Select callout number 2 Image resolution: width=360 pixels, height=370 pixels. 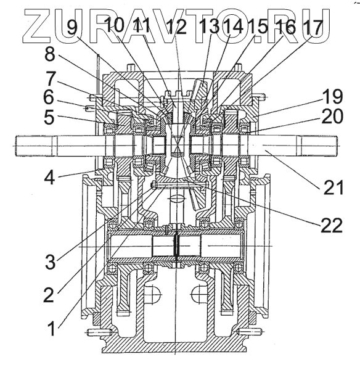pos(49,295)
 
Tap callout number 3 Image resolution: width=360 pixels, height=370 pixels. pos(51,261)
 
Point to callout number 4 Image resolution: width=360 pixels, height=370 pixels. pos(49,178)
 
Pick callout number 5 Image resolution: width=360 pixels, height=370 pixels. pos(49,117)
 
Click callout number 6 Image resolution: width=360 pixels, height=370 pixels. pos(49,97)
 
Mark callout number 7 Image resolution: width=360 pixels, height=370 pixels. pos(51,78)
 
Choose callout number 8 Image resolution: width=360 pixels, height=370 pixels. pos(50,54)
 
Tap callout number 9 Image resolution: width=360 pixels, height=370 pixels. pos(72,27)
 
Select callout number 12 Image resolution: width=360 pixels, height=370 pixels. pos(177,27)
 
